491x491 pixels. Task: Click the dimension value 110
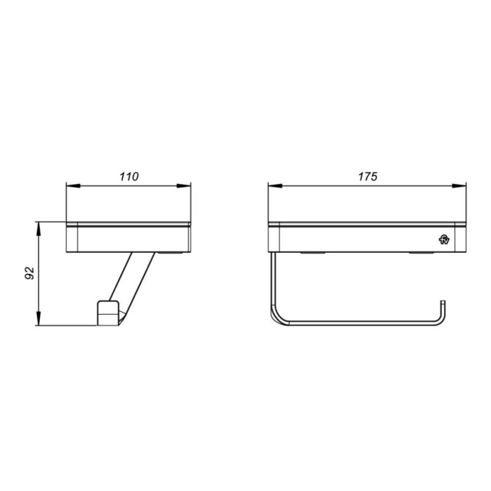(x=129, y=177)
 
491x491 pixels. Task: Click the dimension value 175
(x=367, y=177)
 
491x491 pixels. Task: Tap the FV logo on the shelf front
(x=444, y=239)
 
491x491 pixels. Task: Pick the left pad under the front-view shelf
(x=312, y=252)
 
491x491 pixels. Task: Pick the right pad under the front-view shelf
(x=421, y=252)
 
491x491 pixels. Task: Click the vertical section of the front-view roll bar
(x=271, y=282)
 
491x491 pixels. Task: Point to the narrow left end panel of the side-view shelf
(x=71, y=238)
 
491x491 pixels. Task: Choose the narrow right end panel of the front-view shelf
(x=463, y=238)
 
